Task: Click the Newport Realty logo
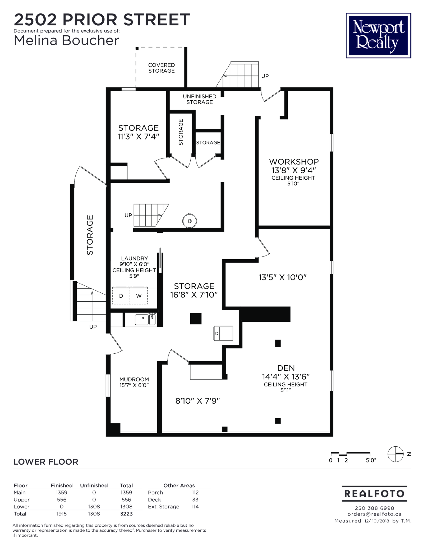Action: (378, 35)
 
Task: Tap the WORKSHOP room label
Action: (294, 162)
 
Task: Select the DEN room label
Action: (286, 368)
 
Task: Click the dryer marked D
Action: (121, 296)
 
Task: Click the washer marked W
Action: (139, 296)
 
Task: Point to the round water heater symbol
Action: (190, 221)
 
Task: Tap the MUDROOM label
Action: (134, 379)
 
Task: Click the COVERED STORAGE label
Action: (162, 68)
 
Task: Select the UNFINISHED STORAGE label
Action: (200, 99)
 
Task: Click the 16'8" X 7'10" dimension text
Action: (194, 295)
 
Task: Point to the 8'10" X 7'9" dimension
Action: (198, 401)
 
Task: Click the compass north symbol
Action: (396, 454)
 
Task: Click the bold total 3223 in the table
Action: (126, 514)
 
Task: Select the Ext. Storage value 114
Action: (195, 507)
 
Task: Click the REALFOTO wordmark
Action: (374, 494)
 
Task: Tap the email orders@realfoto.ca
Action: (374, 514)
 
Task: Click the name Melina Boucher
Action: (66, 41)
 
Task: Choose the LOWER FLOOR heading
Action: (46, 462)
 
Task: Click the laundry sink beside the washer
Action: (145, 320)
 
